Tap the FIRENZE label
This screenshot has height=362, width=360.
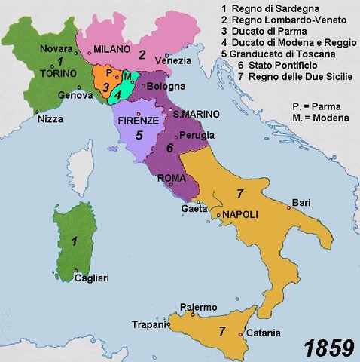click(137, 120)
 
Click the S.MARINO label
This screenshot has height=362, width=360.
click(196, 114)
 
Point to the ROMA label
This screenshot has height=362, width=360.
click(172, 178)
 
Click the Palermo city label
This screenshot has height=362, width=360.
click(199, 307)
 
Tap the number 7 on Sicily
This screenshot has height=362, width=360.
click(222, 330)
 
